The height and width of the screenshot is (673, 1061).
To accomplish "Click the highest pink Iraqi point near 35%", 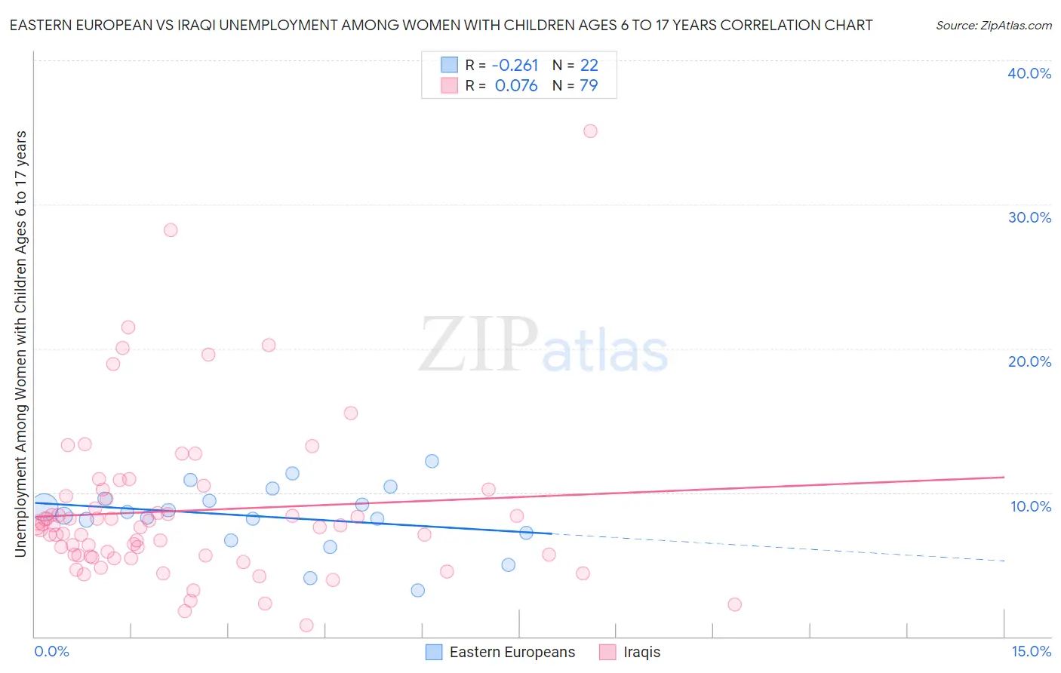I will click(590, 131).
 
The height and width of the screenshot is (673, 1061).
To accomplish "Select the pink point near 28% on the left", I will click(171, 230).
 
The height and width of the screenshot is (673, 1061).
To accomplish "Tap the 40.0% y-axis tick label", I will click(1029, 73).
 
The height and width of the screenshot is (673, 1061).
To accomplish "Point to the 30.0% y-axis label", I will click(1029, 217).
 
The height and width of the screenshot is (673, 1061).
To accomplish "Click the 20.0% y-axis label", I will click(1029, 361).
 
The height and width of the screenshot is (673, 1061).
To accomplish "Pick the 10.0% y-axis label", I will click(1030, 506).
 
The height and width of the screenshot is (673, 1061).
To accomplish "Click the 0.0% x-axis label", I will click(51, 651).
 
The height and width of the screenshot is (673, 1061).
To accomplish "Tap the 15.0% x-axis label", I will click(1030, 651).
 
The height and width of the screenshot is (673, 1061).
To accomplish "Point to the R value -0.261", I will click(515, 66).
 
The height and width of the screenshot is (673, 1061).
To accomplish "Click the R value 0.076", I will click(516, 86).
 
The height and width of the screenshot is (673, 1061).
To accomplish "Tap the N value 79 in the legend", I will click(589, 86).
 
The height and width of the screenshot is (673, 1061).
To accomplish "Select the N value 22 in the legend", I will click(589, 66).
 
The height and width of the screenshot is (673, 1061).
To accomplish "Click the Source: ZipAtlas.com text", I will click(993, 26).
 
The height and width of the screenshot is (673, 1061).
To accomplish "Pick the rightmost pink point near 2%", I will click(734, 604).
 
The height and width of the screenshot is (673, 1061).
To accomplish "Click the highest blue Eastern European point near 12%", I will click(432, 461).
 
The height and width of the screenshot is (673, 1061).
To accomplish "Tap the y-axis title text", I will click(21, 344).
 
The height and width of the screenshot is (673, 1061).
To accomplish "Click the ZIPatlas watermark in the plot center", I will click(543, 345).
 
